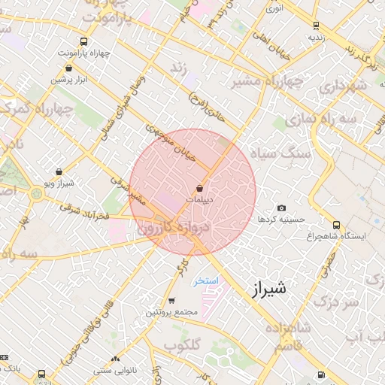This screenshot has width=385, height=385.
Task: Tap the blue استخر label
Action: (205, 280)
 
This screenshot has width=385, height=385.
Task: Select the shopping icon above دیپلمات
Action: (200, 188)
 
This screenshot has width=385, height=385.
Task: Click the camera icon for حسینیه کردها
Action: (281, 208)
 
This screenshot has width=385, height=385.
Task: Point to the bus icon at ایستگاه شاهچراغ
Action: (336, 224)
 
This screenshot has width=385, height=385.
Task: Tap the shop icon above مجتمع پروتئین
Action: (171, 300)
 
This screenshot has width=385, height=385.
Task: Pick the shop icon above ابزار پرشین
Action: (69, 68)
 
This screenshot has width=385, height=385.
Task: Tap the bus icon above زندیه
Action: (314, 23)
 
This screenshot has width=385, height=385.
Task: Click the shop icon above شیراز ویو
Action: (59, 171)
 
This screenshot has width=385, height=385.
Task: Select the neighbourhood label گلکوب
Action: (180, 345)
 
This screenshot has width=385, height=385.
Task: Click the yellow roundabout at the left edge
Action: (35, 194)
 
